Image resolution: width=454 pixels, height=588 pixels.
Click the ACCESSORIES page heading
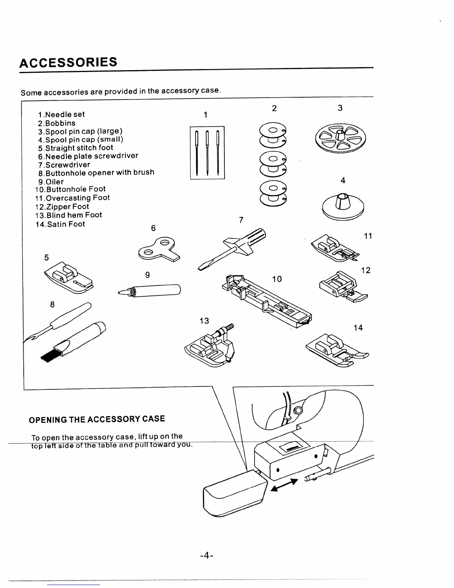(68, 62)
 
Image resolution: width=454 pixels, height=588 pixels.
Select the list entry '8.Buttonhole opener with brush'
(96, 173)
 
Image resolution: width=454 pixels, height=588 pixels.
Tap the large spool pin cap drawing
(340, 137)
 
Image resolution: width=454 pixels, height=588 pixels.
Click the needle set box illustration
(207, 153)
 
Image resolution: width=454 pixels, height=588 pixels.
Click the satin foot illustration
(337, 350)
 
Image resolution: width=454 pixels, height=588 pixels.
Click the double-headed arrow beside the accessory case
(284, 485)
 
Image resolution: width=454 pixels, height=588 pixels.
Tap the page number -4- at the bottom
(206, 556)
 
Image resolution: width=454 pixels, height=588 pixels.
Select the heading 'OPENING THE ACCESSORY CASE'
(97, 419)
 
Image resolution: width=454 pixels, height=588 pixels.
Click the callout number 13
(204, 321)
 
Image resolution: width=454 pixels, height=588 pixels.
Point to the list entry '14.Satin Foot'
(60, 224)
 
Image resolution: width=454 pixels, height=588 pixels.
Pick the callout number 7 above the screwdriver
(241, 220)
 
